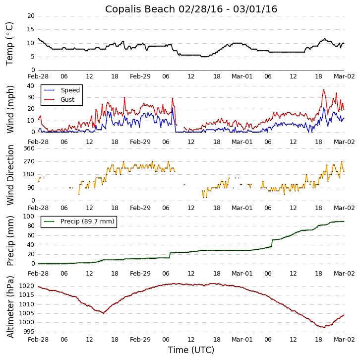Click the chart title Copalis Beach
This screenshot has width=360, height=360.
pyautogui.click(x=191, y=9)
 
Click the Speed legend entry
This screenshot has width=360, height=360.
pyautogui.click(x=70, y=90)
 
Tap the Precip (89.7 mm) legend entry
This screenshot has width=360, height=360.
pyautogui.click(x=87, y=221)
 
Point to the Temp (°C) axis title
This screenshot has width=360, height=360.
pyautogui.click(x=10, y=43)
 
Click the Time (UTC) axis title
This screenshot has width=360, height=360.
pyautogui.click(x=191, y=350)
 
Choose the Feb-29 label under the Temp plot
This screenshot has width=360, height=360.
pyautogui.click(x=140, y=77)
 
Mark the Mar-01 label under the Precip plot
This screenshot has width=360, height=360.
pyautogui.click(x=242, y=274)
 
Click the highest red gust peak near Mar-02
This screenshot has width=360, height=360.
pyautogui.click(x=324, y=90)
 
